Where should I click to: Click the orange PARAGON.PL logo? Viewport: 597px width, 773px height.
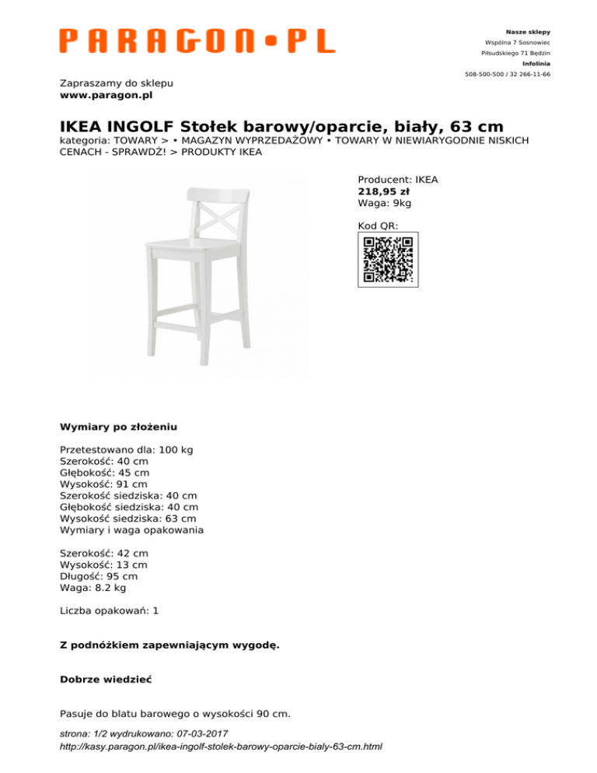(x=197, y=40)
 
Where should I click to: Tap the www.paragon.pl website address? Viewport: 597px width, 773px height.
(x=106, y=95)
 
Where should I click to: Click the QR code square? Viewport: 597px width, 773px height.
(x=388, y=259)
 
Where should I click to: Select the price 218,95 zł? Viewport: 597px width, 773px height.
(x=384, y=191)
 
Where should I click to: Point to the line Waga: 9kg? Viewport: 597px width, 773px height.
(x=384, y=203)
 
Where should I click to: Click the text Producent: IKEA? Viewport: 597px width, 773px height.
(x=397, y=179)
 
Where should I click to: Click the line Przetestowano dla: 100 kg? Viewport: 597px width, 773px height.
(x=126, y=449)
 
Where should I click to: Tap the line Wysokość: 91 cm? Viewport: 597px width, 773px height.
(x=103, y=484)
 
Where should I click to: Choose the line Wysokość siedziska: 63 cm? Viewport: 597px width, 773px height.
(x=127, y=518)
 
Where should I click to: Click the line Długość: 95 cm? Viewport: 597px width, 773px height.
(x=99, y=576)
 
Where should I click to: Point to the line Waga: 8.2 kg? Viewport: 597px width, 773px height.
(x=93, y=588)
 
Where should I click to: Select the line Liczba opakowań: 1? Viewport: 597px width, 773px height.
(x=109, y=610)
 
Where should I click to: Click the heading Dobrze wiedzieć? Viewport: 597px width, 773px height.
(x=105, y=679)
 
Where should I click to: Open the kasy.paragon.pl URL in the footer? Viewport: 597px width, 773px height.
(x=221, y=747)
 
